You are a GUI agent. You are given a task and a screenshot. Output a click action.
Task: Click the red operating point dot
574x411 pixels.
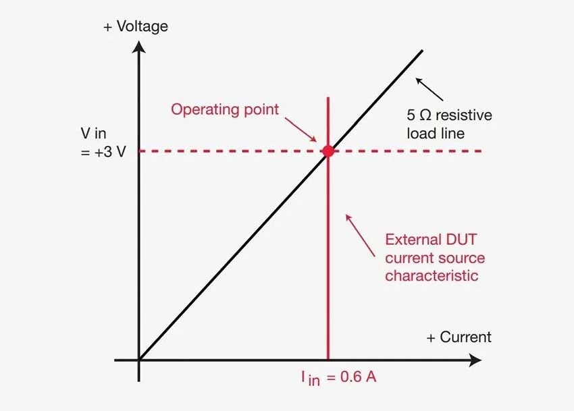[328, 151]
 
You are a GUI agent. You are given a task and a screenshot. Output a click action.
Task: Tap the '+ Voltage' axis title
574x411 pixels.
[135, 27]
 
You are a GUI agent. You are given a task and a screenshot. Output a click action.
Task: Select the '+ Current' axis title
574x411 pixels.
[459, 337]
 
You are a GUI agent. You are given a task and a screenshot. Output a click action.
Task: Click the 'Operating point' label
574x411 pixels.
[224, 109]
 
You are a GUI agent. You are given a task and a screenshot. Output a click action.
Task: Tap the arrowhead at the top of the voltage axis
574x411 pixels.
[139, 47]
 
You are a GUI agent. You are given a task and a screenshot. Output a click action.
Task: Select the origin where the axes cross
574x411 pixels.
[139, 360]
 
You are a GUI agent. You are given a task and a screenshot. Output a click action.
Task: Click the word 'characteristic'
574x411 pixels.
[432, 276]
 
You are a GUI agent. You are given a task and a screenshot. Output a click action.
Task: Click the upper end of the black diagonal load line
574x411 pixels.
[422, 51]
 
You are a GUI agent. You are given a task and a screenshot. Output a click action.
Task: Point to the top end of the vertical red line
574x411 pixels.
[328, 98]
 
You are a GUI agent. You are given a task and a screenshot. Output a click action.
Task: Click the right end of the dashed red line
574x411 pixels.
[480, 151]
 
